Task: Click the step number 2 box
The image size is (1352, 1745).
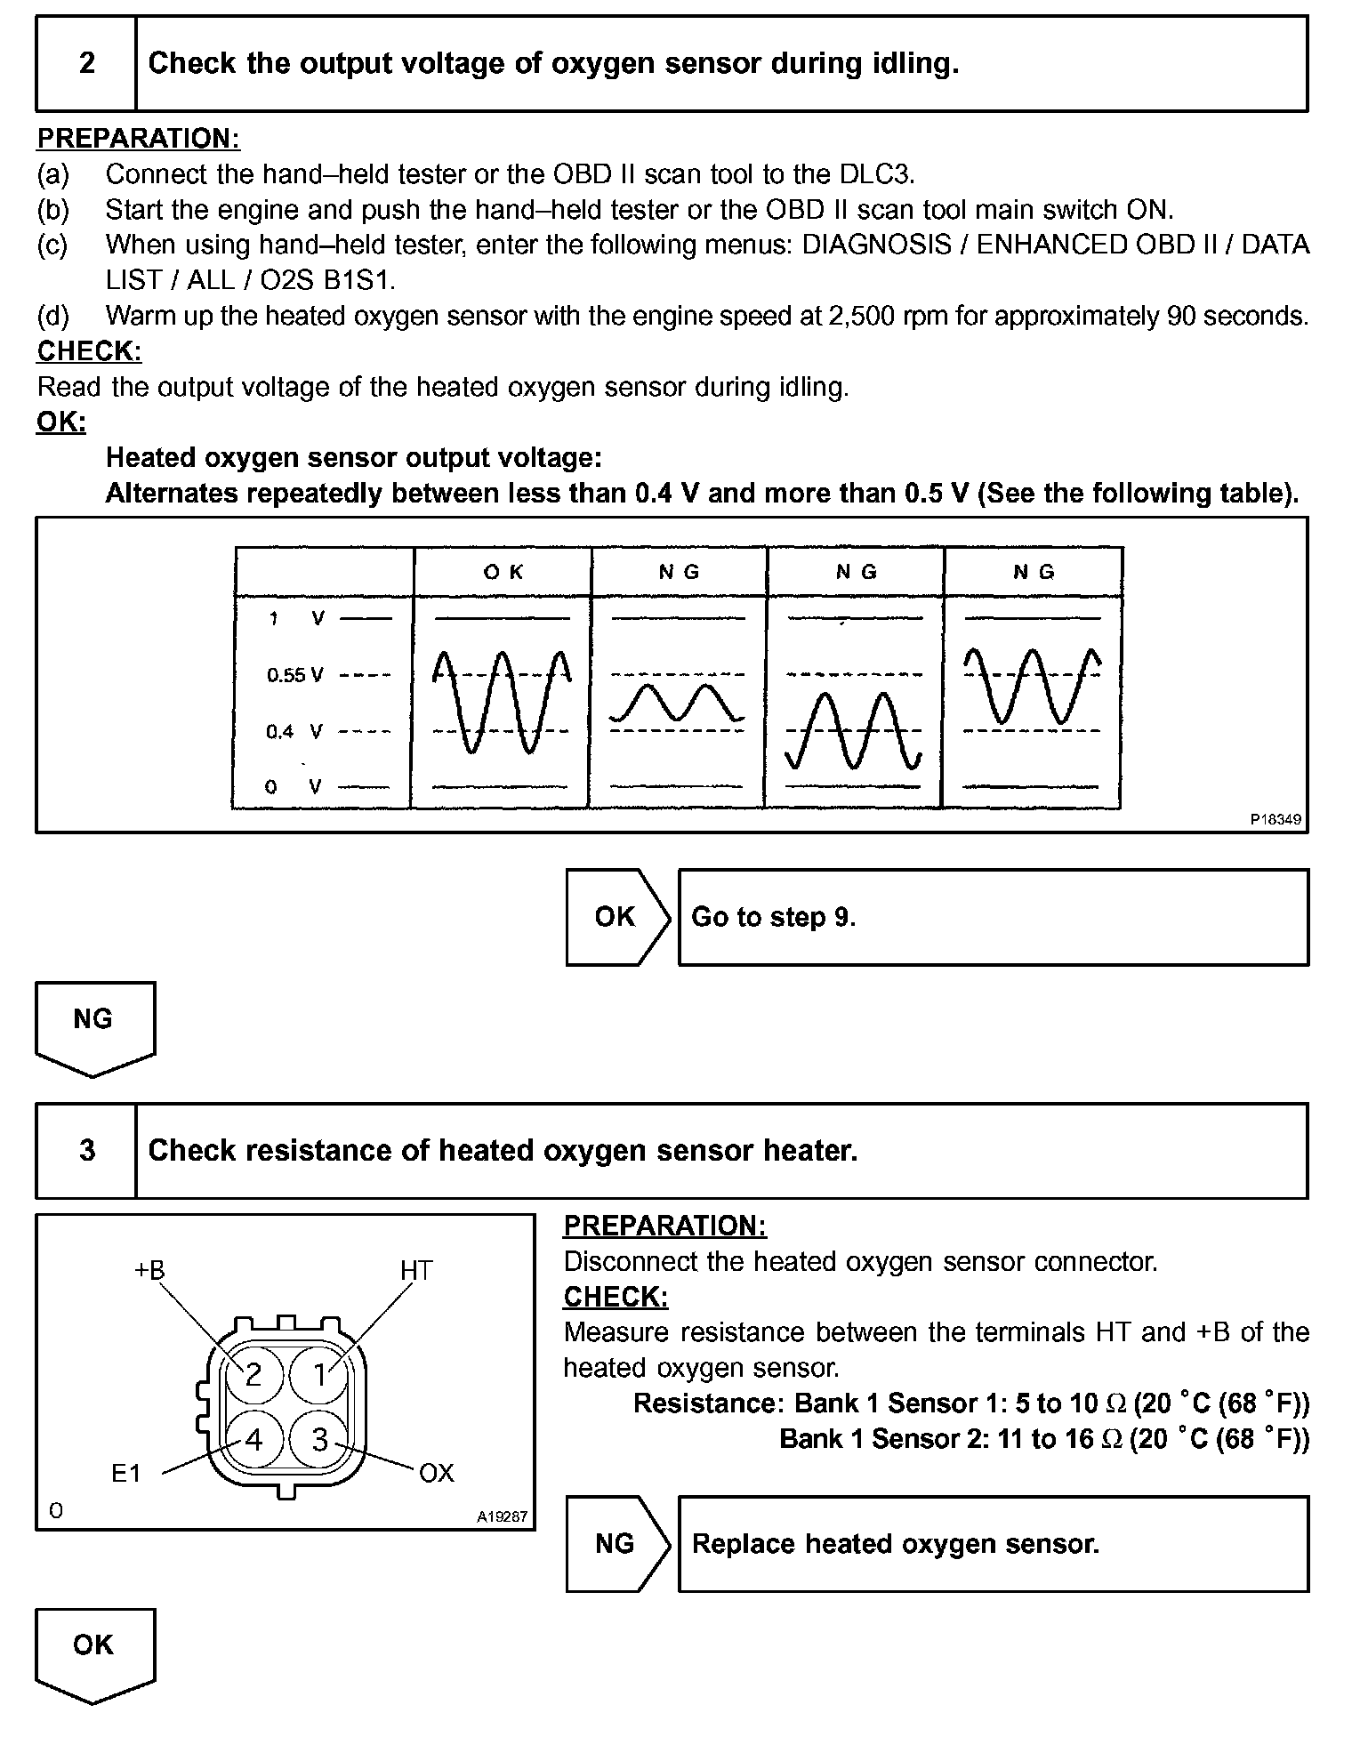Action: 86,63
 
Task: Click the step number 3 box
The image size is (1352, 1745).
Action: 86,1151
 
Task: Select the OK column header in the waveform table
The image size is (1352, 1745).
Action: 503,572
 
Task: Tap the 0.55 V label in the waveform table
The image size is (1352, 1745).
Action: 294,675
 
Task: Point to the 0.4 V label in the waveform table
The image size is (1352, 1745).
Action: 294,732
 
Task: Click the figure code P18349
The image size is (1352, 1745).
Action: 1276,819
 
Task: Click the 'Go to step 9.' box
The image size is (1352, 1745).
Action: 993,917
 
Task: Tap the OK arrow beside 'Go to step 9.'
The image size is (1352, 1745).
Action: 616,917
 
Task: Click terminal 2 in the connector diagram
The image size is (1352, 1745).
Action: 253,1375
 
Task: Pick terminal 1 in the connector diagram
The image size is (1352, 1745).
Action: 320,1375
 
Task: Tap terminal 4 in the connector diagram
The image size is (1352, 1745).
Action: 253,1439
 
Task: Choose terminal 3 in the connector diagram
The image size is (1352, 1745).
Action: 320,1439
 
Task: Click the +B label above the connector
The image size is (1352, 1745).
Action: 149,1270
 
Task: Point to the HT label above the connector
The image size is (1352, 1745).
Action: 415,1270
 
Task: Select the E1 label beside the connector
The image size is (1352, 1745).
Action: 126,1474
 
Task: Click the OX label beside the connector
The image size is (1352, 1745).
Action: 436,1474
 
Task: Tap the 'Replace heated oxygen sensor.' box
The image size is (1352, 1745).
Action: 993,1543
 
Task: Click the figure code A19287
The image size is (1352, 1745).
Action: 503,1516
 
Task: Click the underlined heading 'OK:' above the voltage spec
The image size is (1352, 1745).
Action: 61,422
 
